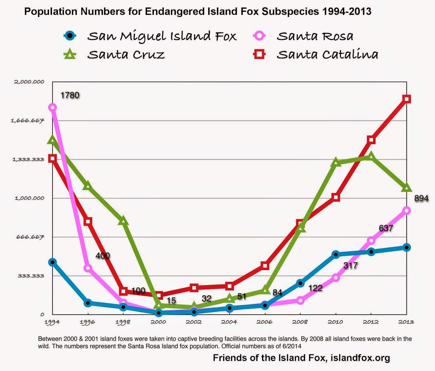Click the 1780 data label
[x=70, y=95]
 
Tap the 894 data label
[x=421, y=199]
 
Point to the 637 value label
[x=386, y=228]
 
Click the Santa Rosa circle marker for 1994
[x=52, y=108]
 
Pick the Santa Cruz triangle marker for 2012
[x=371, y=157]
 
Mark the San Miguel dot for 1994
[x=52, y=262]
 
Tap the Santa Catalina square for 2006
[x=265, y=266]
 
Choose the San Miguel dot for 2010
[x=336, y=255]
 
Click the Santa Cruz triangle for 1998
[x=123, y=221]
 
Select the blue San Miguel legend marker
[x=70, y=36]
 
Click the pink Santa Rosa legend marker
[x=260, y=36]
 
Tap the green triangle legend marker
[x=70, y=54]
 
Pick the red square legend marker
[x=259, y=54]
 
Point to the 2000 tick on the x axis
[x=159, y=322]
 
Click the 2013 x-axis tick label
[x=406, y=322]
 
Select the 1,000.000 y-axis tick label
[x=29, y=198]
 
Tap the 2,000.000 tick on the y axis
[x=29, y=82]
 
